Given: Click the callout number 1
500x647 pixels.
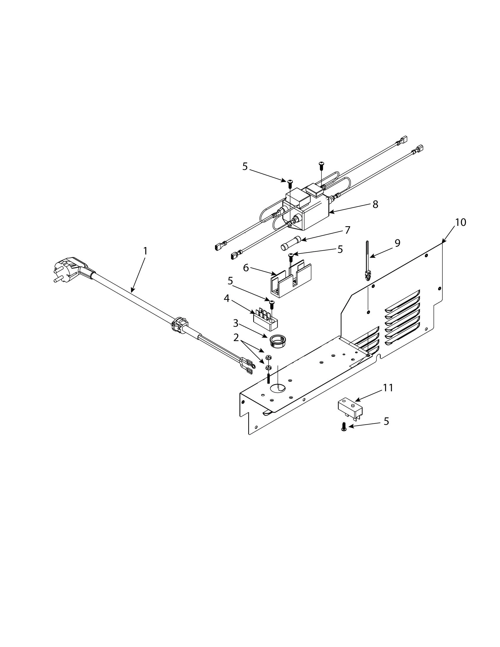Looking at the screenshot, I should [145, 251].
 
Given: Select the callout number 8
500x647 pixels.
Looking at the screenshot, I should [375, 204].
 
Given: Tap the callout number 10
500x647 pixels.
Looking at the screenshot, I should [461, 222].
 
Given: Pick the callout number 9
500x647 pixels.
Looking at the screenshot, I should [397, 243].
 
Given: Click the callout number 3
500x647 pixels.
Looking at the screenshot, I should [236, 323].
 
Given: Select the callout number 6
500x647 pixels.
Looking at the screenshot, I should [246, 268].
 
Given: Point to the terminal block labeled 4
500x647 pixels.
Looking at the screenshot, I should [265, 321].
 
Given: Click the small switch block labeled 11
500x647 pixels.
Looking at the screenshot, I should [350, 408].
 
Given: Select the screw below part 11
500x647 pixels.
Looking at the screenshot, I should [344, 427].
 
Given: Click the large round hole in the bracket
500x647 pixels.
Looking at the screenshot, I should [277, 387].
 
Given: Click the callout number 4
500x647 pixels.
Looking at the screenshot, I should [226, 298].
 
